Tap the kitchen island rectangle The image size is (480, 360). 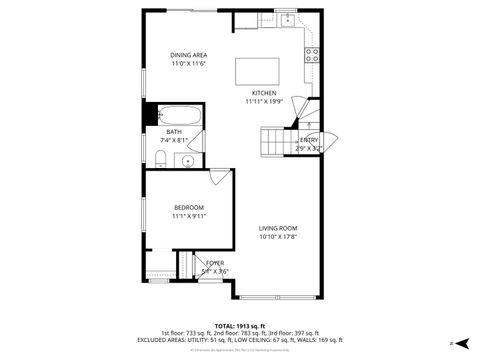pyautogui.click(x=256, y=71)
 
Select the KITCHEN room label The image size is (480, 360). pyautogui.click(x=264, y=93)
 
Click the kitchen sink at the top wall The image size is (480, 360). pyautogui.click(x=287, y=19)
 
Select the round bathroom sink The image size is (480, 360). pyautogui.click(x=188, y=158)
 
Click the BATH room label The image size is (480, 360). pyautogui.click(x=174, y=132)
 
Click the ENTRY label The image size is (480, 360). pyautogui.click(x=309, y=139)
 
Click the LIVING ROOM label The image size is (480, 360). pyautogui.click(x=279, y=228)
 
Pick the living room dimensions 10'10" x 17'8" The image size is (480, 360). pyautogui.click(x=279, y=238)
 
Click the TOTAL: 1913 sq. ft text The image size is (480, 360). pyautogui.click(x=239, y=326)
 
